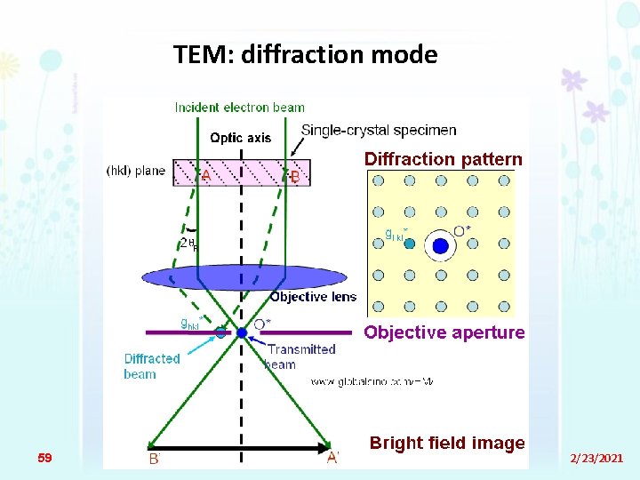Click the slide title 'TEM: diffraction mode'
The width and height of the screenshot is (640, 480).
click(x=306, y=55)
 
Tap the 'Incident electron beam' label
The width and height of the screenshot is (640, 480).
click(x=239, y=108)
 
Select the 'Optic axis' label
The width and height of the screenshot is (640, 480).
click(x=240, y=138)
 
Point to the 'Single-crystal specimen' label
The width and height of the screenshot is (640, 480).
click(x=379, y=130)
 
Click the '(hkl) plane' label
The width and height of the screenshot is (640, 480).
click(x=136, y=171)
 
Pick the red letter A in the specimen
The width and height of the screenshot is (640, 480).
click(x=205, y=176)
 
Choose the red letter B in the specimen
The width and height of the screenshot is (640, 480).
click(x=295, y=177)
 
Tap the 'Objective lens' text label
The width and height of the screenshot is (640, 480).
click(x=313, y=297)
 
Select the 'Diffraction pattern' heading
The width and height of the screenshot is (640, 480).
click(x=443, y=160)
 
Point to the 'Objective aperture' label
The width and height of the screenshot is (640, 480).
click(x=444, y=332)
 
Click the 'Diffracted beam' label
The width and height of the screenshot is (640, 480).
click(x=152, y=366)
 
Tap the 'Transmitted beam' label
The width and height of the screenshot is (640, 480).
click(x=300, y=356)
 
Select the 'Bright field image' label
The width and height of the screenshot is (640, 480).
click(x=447, y=443)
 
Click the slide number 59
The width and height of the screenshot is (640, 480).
click(x=45, y=458)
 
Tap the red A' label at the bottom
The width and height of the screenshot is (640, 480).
click(x=332, y=458)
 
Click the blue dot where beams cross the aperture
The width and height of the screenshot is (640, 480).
click(x=242, y=332)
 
